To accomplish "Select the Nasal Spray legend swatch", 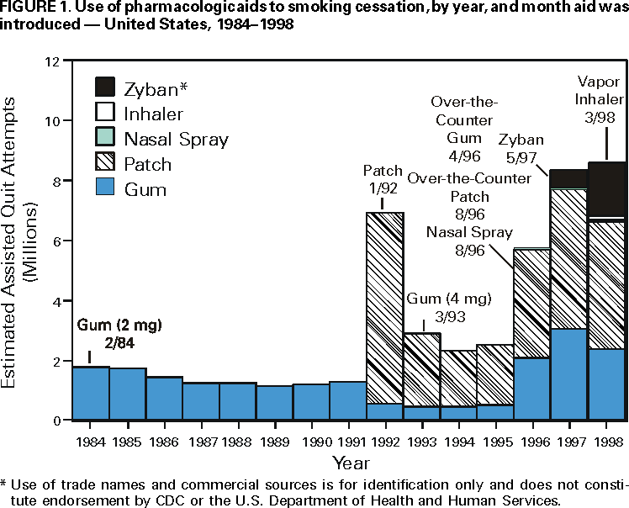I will click(105, 137).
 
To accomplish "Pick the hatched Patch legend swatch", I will click(105, 163).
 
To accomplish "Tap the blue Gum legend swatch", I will click(105, 188).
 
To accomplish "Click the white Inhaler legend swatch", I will click(105, 112).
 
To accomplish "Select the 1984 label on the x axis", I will click(90, 440).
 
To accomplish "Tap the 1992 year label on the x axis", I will click(384, 440).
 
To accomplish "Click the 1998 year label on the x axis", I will click(605, 440).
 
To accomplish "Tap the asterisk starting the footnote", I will click(4, 484).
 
